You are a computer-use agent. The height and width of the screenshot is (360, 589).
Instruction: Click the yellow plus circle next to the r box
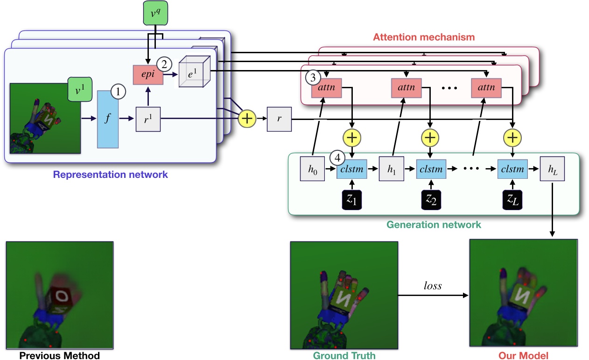pos(247,119)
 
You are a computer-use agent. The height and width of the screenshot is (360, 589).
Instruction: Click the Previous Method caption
pos(59,355)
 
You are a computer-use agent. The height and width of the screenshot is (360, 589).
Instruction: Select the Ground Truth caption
pos(344,355)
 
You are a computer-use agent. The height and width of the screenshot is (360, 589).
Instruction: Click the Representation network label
pos(110,175)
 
